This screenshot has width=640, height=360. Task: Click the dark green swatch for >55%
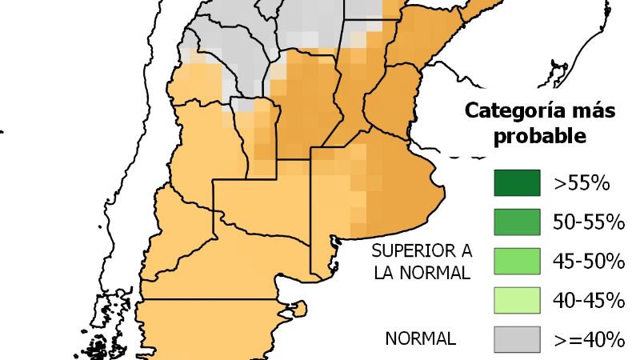point(514,183)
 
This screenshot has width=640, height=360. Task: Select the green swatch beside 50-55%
point(514,222)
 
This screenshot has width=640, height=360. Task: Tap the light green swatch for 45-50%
point(514,261)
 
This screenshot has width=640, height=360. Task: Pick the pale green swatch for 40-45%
point(514,300)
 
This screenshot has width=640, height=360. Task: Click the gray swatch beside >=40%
point(514,338)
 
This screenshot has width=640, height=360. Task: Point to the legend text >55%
point(582,183)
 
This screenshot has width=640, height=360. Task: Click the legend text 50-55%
point(588,222)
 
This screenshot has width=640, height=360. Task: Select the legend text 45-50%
point(588,261)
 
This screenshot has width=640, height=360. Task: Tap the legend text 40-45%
point(588,300)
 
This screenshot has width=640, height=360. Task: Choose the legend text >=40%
point(588,339)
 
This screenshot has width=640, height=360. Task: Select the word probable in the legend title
point(540,136)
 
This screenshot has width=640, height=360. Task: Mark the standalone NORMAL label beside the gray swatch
point(421,338)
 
